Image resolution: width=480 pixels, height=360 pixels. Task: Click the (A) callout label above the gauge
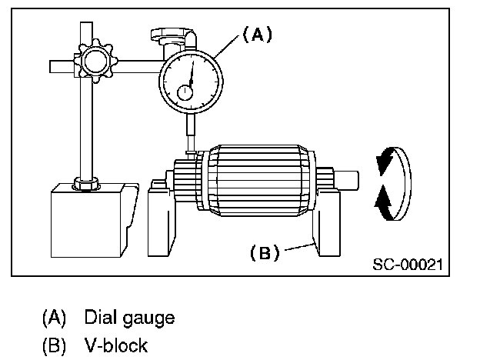[x=258, y=34]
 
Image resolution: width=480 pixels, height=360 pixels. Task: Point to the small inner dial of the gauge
[x=186, y=92]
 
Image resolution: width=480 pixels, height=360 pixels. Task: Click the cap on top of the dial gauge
[x=167, y=35]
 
